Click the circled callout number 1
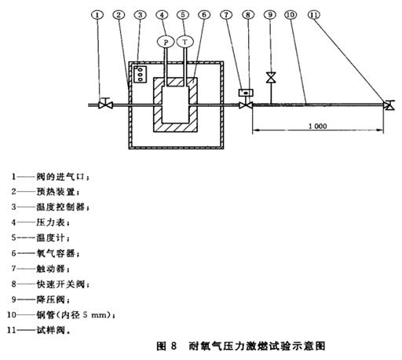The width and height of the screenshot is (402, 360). (99, 14)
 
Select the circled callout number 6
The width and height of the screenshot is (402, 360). (204, 14)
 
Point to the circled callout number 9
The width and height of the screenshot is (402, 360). (270, 14)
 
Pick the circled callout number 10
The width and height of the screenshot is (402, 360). (292, 14)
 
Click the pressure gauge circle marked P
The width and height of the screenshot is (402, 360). (164, 41)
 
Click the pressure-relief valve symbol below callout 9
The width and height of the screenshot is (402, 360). (270, 78)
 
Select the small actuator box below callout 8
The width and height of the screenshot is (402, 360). (247, 93)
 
